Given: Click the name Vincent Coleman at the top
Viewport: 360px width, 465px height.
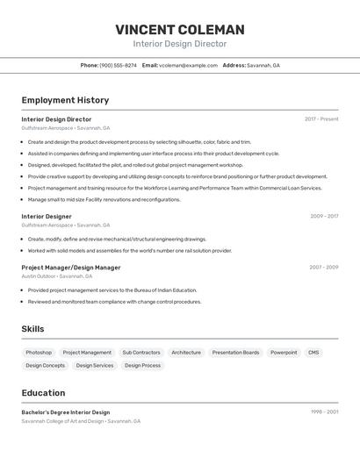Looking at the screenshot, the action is (180, 30).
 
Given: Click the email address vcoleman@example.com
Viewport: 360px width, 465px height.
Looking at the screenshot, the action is (188, 65).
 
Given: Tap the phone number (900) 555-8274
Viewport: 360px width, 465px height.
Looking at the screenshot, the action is (118, 65).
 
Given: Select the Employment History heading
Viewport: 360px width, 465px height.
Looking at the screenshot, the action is (65, 100).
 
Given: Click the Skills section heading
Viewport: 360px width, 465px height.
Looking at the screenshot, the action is (32, 329).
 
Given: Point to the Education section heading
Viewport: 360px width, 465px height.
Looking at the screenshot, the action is (43, 393).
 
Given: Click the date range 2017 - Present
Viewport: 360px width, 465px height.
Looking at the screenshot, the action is (321, 119).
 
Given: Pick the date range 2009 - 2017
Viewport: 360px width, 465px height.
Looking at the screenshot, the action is (323, 216).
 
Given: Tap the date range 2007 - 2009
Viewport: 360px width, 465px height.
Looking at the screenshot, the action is (323, 268).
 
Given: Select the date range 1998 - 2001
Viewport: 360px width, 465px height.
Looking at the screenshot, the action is (324, 411).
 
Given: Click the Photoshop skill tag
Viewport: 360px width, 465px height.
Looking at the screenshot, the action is (39, 353).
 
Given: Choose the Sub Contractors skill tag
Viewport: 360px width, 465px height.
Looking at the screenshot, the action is (141, 353).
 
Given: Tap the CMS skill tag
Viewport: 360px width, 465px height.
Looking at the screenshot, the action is (313, 353).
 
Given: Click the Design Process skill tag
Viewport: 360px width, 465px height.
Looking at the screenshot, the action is (142, 366).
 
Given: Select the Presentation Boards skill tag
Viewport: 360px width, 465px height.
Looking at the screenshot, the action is (235, 353).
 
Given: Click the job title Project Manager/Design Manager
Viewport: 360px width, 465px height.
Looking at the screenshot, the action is (71, 268).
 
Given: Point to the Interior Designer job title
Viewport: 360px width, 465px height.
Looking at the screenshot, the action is (47, 216).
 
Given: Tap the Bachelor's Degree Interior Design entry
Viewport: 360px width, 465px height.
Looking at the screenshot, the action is (66, 411).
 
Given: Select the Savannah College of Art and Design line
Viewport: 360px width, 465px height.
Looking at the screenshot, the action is (81, 421).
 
